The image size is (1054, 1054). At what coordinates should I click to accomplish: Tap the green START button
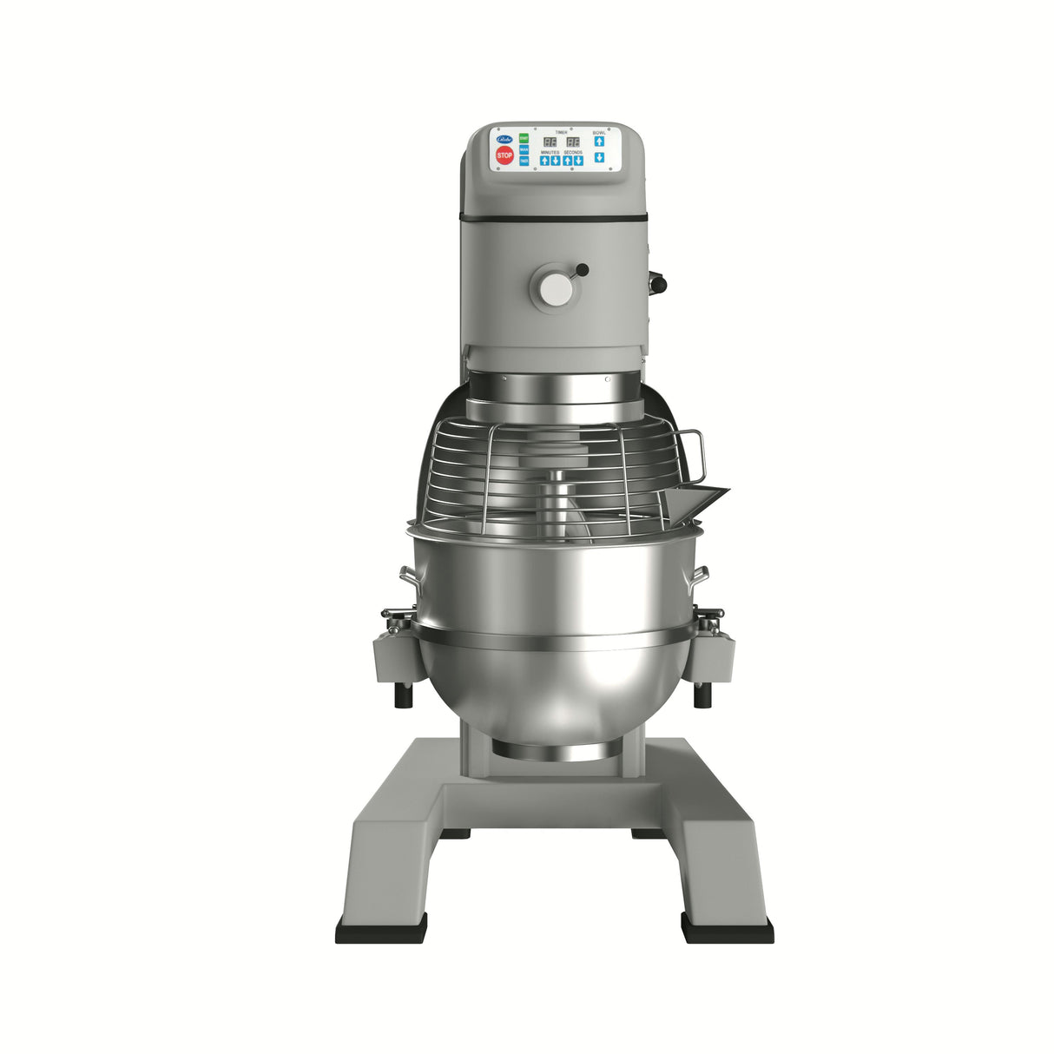click(524, 138)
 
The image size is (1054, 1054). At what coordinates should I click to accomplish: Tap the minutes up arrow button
click(544, 161)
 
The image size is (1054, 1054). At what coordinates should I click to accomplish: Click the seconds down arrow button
click(578, 161)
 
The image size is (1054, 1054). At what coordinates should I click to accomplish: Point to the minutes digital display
click(550, 142)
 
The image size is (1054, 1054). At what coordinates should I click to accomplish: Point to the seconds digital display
click(573, 142)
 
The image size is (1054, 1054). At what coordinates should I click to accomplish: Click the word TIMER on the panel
click(561, 132)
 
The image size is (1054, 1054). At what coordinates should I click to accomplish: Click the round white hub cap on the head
click(555, 289)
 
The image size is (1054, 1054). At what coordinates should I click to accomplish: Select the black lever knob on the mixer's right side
click(656, 281)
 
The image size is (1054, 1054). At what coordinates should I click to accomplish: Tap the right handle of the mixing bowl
click(700, 576)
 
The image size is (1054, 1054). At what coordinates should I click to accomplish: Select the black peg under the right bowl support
click(702, 695)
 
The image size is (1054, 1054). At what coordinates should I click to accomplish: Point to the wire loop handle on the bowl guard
click(693, 453)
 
